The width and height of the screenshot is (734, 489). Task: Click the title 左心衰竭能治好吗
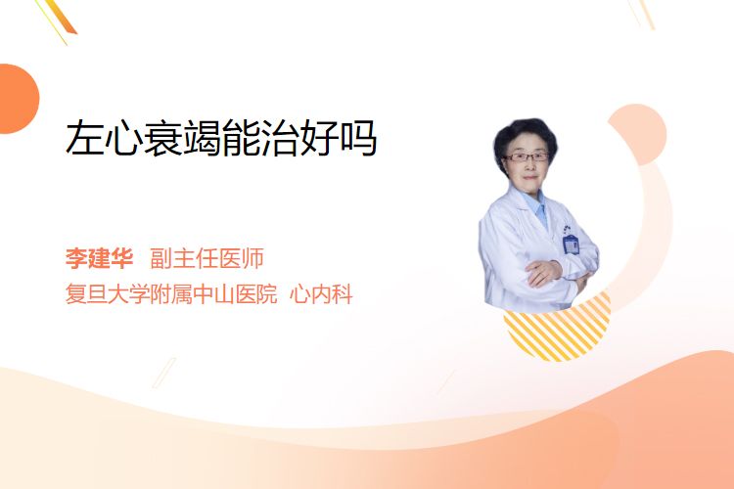(221, 138)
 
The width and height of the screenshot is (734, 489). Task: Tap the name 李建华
(99, 258)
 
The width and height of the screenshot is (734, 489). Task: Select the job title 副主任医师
(206, 258)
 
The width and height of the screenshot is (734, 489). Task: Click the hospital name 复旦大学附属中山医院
(171, 294)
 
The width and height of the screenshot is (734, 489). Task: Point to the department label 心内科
(321, 294)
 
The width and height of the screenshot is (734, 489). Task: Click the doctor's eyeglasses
(527, 156)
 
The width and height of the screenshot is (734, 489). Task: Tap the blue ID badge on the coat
(571, 244)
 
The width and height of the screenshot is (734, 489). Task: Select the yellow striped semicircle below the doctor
(557, 330)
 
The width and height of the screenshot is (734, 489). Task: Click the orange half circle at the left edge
(18, 99)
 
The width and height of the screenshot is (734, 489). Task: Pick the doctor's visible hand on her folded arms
(543, 272)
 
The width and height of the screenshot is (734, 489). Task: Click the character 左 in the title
(85, 138)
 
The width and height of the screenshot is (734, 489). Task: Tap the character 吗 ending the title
(358, 138)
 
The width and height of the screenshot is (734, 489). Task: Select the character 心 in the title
(123, 138)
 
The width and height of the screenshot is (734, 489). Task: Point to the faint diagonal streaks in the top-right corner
(641, 14)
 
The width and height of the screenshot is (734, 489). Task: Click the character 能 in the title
(241, 138)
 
